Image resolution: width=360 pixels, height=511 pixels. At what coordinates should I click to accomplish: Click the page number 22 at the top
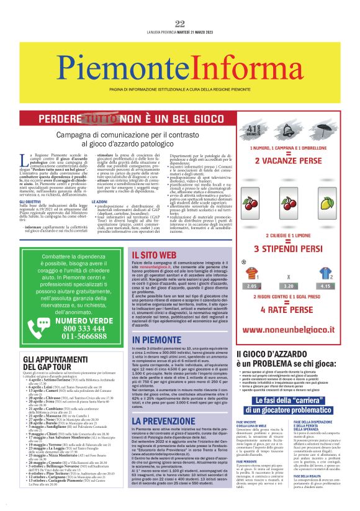pyautogui.click(x=179, y=7)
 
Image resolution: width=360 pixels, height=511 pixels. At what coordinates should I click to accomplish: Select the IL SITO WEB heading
pyautogui.click(x=155, y=255)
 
